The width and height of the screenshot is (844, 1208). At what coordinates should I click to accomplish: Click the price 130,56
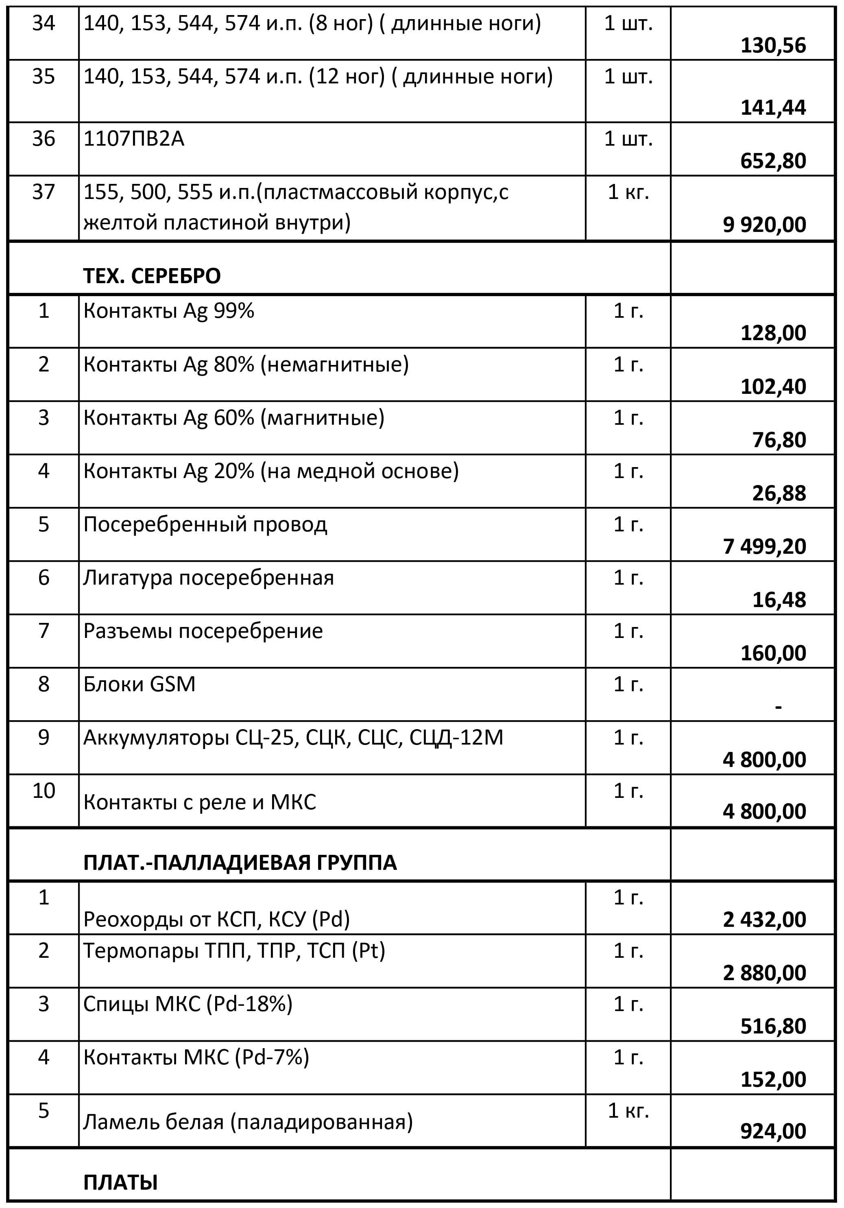pos(772,46)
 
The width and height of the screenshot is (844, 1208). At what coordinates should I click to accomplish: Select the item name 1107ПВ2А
pos(134,139)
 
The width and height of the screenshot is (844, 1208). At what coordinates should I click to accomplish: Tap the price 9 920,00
pos(764,225)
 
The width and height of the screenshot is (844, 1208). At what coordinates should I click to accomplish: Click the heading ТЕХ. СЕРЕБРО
pos(152,276)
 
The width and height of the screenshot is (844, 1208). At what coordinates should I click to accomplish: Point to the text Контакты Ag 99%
pos(169,311)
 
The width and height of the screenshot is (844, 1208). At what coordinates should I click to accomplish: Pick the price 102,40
pos(772,387)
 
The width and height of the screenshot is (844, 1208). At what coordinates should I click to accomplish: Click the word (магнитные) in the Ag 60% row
pos(325,418)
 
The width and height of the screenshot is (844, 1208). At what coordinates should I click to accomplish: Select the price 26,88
pos(779,493)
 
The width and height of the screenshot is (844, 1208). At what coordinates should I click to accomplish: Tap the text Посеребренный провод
pos(205,524)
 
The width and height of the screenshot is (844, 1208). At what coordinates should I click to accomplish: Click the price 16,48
pos(779,600)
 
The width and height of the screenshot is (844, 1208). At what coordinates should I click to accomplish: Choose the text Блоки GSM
pos(140,684)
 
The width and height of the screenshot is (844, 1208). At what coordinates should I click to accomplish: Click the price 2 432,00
pos(764,920)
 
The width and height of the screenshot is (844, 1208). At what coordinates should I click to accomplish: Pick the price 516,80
pos(772,1026)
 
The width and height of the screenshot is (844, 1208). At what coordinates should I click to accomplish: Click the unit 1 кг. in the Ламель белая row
pos(628,1110)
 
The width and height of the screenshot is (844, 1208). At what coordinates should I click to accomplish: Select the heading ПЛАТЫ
pos(120,1182)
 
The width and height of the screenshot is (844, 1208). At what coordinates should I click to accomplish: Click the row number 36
pos(44,138)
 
